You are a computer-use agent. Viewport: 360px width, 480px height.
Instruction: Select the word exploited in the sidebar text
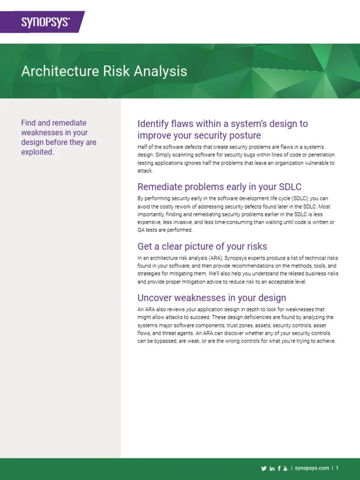[37, 152]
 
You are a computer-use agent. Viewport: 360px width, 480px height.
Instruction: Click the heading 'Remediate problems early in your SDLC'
[219, 187]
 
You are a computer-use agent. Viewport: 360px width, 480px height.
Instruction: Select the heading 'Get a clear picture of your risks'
[202, 247]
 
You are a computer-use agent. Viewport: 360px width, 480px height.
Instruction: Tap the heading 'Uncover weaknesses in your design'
[211, 298]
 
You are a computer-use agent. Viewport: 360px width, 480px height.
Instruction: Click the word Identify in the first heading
[154, 124]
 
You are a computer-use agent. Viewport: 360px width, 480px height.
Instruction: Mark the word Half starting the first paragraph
[142, 147]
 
